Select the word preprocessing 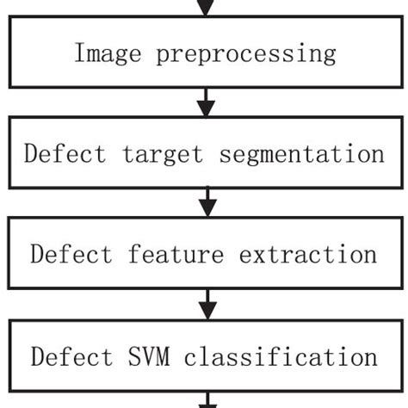pyautogui.click(x=245, y=53)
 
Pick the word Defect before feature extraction pyautogui.click(x=71, y=255)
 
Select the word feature pyautogui.click(x=169, y=255)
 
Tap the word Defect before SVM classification pyautogui.click(x=71, y=356)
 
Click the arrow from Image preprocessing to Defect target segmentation pyautogui.click(x=205, y=102)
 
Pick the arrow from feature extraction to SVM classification pyautogui.click(x=205, y=305)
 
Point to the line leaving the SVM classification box pyautogui.click(x=205, y=400)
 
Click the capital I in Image pyautogui.click(x=80, y=53)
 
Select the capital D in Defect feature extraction pyautogui.click(x=36, y=255)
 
